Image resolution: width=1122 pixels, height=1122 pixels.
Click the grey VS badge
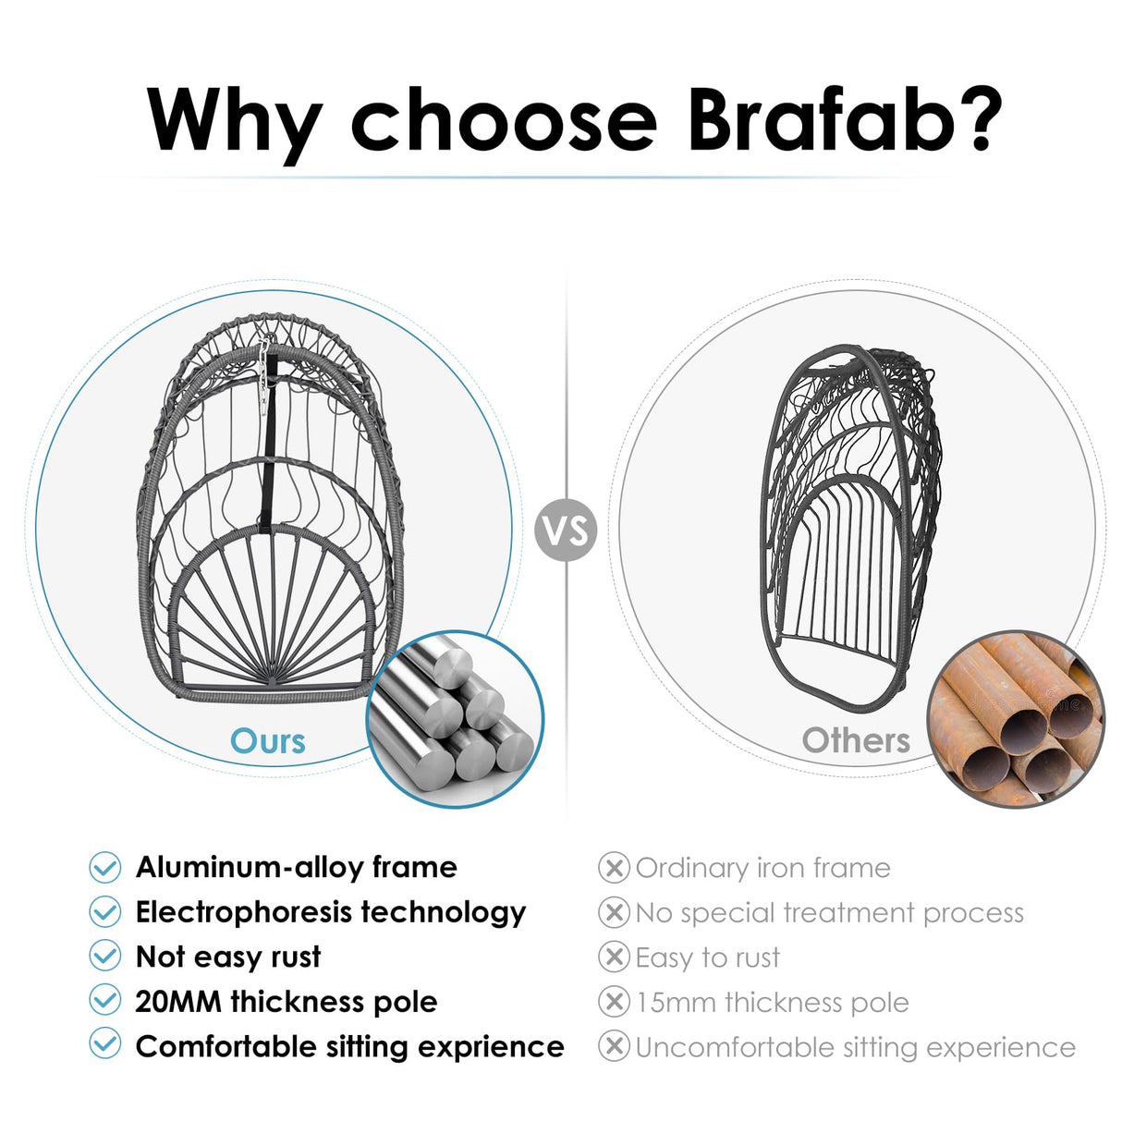coord(566,531)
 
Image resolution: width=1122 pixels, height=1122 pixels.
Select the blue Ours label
coord(268,740)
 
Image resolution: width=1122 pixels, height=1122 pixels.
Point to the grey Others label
coord(856,740)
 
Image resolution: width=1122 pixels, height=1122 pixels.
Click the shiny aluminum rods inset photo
coord(455,719)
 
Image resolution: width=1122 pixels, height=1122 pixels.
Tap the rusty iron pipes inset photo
coord(1016,719)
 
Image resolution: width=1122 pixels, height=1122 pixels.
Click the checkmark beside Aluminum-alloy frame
coord(105,867)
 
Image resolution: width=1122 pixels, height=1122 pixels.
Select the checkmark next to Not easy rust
coord(105,956)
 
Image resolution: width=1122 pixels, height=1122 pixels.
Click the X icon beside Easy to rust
coord(614,957)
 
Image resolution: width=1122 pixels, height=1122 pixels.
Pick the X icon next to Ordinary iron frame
coord(614,867)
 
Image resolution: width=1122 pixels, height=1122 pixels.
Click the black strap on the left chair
coord(268,462)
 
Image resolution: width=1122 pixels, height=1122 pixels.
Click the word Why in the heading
coord(234,120)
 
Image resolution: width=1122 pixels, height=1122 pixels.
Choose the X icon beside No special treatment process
coord(614,912)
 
